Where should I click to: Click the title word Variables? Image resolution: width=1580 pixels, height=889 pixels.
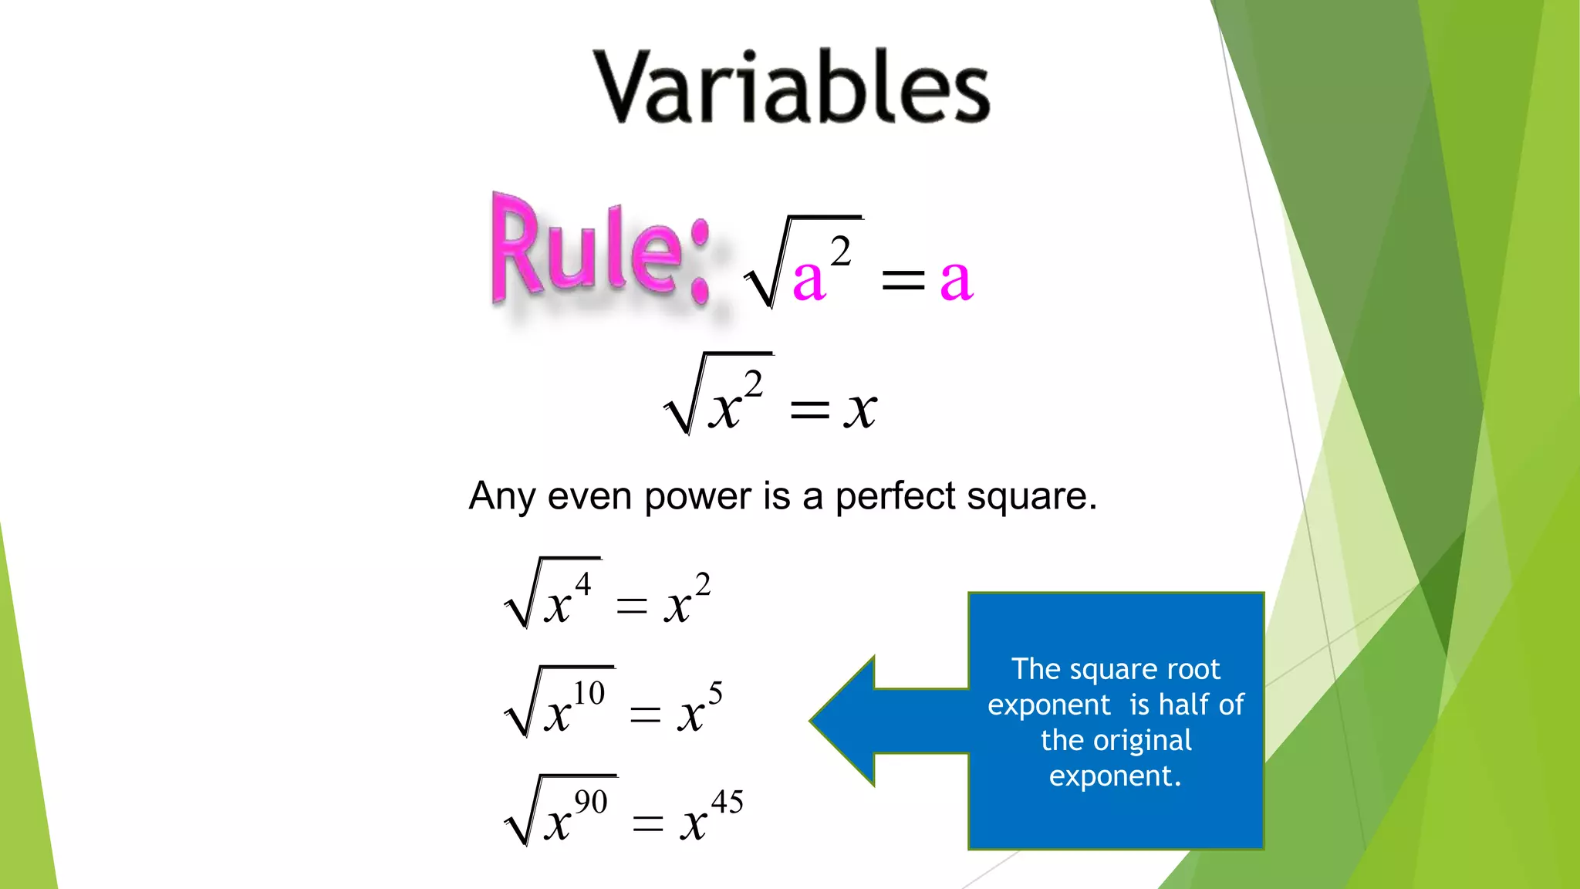pyautogui.click(x=792, y=86)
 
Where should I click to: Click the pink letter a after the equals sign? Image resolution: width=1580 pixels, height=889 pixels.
pyautogui.click(x=956, y=279)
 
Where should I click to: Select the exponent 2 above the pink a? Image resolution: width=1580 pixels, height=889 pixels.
pyautogui.click(x=841, y=252)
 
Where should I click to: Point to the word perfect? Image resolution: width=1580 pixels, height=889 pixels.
pyautogui.click(x=896, y=496)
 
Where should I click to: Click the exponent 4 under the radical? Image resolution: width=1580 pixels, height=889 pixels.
pyautogui.click(x=583, y=584)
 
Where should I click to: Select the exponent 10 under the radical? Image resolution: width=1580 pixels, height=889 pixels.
pyautogui.click(x=589, y=693)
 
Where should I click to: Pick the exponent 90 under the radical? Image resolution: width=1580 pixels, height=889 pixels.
pyautogui.click(x=591, y=802)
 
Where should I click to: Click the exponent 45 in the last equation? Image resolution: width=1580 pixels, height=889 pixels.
pyautogui.click(x=727, y=802)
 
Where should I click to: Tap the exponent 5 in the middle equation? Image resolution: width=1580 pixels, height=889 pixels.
pyautogui.click(x=715, y=692)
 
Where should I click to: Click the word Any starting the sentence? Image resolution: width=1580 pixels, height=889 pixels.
pyautogui.click(x=501, y=496)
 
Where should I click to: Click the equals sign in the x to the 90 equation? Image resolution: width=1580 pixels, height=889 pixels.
pyautogui.click(x=647, y=824)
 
